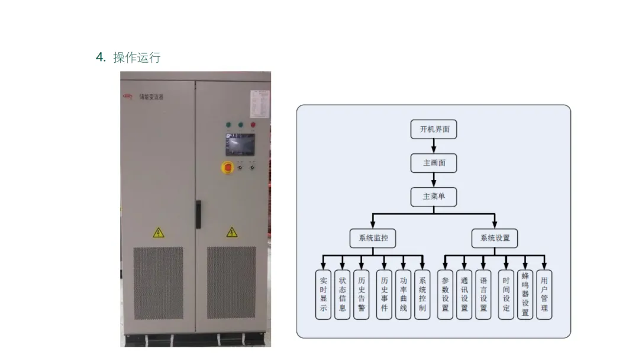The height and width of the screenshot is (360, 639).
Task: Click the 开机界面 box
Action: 434,129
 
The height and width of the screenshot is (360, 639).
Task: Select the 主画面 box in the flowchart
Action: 434,163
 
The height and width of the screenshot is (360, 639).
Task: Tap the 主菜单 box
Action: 434,197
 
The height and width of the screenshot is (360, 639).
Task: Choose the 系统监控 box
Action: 373,238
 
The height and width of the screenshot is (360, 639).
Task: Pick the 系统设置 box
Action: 495,238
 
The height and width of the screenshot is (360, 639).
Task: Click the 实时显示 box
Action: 323,295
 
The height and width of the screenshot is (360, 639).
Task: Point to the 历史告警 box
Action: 361,295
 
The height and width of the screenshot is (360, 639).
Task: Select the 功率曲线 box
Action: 403,295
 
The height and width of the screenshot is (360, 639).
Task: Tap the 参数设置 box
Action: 445,295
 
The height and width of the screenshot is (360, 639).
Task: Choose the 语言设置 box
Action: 483,295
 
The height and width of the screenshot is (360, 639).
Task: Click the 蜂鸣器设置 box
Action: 525,295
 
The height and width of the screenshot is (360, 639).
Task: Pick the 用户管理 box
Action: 544,295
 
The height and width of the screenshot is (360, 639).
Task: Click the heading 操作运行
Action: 136,57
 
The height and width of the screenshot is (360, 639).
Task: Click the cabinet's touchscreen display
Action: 240,144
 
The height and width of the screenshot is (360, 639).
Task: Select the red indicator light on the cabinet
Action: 253,125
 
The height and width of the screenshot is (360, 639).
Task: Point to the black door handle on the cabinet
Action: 198,214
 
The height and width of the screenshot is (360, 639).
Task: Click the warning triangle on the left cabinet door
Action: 159,232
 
